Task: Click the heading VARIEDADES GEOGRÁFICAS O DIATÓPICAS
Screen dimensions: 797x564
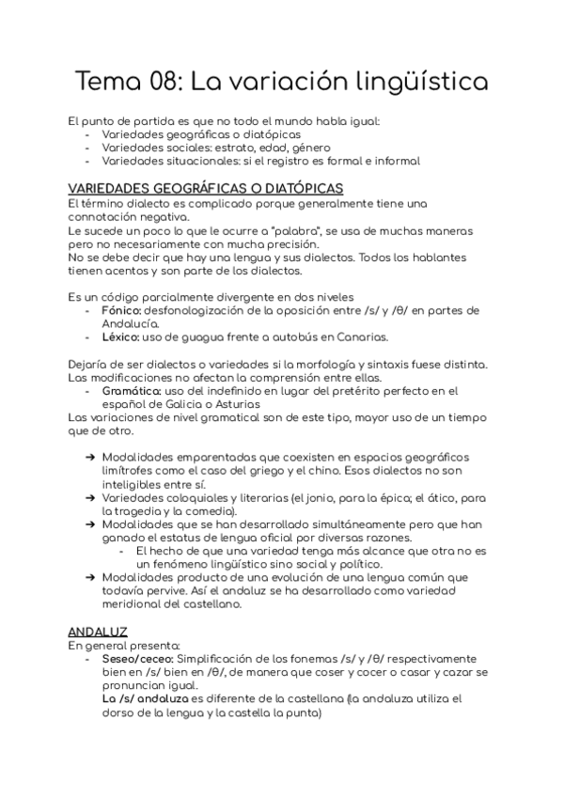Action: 206,189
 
